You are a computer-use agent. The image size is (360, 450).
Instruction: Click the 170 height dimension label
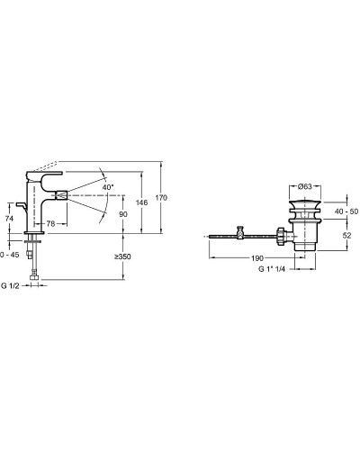pos(161,198)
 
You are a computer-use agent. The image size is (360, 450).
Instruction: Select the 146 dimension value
pos(141,202)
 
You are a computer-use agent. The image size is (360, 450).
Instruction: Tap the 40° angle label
pos(108,187)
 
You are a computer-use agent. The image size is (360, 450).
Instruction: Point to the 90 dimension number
pos(123,214)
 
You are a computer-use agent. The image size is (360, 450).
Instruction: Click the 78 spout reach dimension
pos(50,223)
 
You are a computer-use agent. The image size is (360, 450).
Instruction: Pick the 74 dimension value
pos(9,219)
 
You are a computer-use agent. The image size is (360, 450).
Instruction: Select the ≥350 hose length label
pos(122,256)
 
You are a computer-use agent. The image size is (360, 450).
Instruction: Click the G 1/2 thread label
pos(10,286)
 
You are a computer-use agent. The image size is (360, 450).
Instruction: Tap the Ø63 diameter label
pos(305,186)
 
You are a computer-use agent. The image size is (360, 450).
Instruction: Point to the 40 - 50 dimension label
pos(346,211)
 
